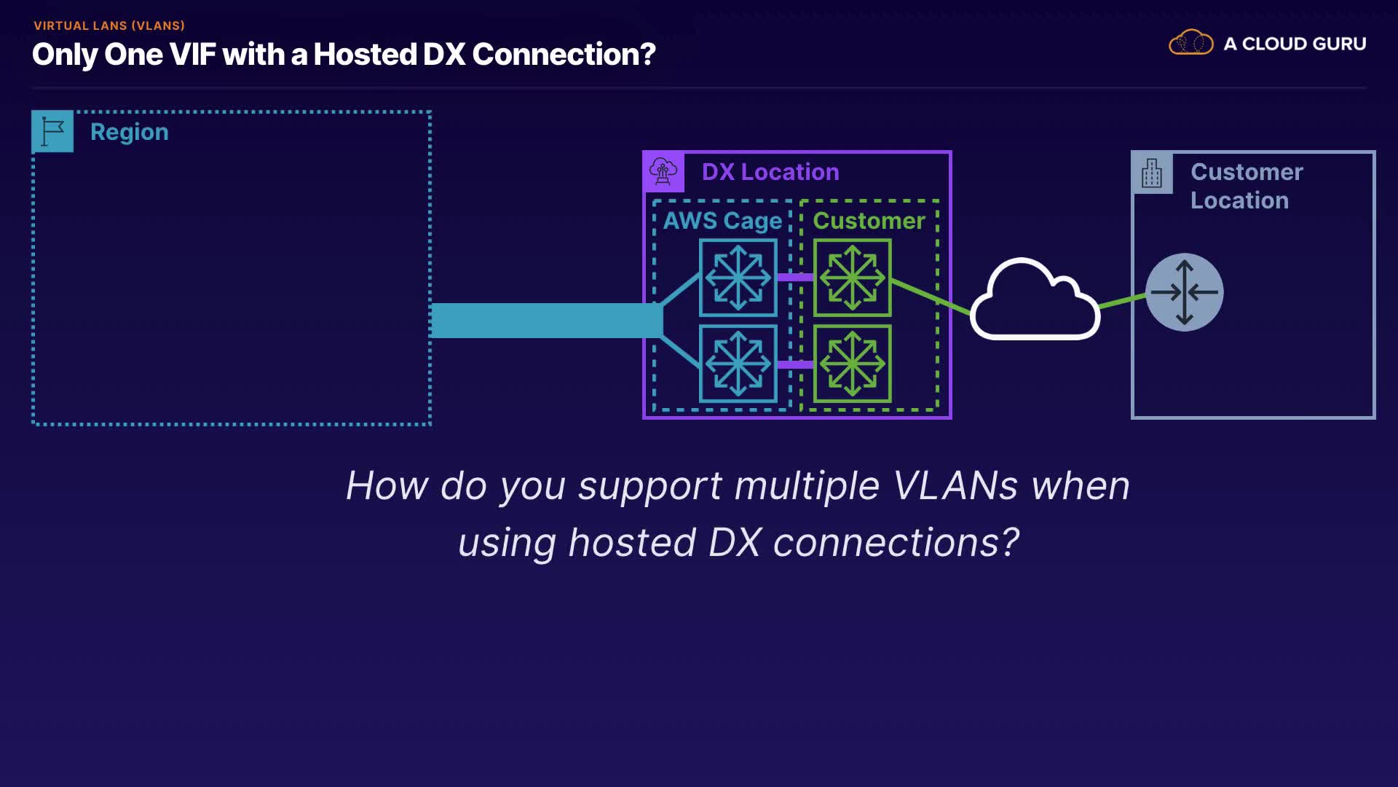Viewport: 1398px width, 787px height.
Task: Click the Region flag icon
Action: pyautogui.click(x=52, y=131)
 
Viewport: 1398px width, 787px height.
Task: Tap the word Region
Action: pyautogui.click(x=129, y=132)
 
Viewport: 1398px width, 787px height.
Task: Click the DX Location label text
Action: pyautogui.click(x=770, y=172)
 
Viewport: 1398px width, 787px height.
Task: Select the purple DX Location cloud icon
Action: pyautogui.click(x=663, y=172)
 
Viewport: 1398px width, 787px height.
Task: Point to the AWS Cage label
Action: pyautogui.click(x=722, y=221)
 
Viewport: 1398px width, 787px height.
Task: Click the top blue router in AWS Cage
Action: pyautogui.click(x=738, y=278)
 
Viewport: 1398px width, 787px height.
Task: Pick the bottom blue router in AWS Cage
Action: pyautogui.click(x=738, y=364)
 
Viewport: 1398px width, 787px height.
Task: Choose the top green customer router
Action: pyautogui.click(x=852, y=278)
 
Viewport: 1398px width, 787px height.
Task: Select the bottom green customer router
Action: pyautogui.click(x=852, y=364)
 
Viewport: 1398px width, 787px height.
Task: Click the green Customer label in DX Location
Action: pyautogui.click(x=869, y=221)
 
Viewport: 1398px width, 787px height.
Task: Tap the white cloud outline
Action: pyautogui.click(x=1034, y=300)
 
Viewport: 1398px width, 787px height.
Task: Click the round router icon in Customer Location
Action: pyautogui.click(x=1184, y=292)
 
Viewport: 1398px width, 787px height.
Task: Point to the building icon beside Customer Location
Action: pyautogui.click(x=1152, y=173)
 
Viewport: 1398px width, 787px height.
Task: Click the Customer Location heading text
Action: pyautogui.click(x=1246, y=186)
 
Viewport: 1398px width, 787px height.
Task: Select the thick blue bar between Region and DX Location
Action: pyautogui.click(x=546, y=321)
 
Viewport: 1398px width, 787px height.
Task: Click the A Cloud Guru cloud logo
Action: pyautogui.click(x=1190, y=43)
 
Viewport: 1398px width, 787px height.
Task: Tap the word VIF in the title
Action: pyautogui.click(x=193, y=55)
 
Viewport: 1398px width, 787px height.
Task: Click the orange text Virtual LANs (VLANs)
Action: pyautogui.click(x=109, y=26)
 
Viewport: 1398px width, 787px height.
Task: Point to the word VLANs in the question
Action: pyautogui.click(x=955, y=485)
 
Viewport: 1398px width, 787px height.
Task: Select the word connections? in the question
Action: pyautogui.click(x=896, y=543)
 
